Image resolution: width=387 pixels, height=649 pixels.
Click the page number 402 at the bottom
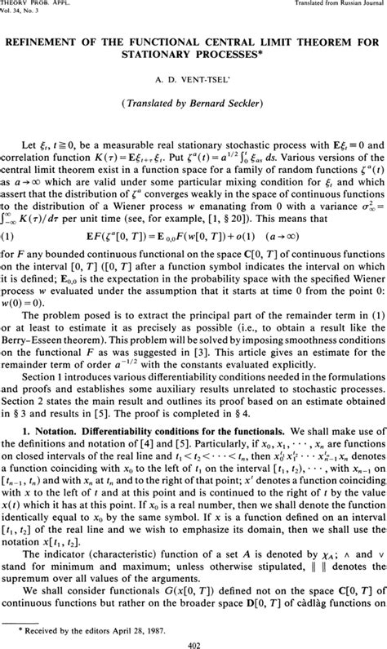click(193, 641)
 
